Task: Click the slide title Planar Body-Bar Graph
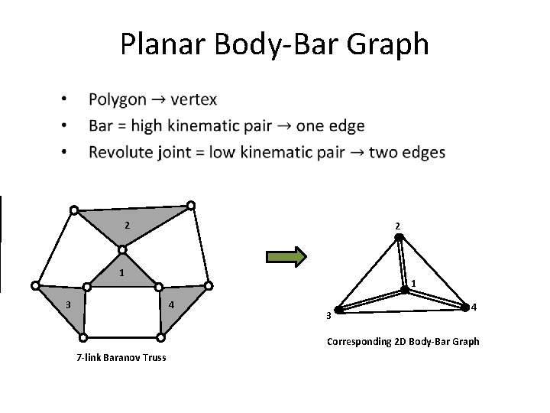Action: click(274, 44)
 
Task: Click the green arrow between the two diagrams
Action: click(288, 255)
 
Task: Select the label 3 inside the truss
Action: click(68, 304)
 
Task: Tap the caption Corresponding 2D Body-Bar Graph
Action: click(403, 342)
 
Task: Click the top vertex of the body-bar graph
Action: click(399, 237)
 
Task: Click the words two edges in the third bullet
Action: click(406, 152)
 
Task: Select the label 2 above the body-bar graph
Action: click(398, 226)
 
